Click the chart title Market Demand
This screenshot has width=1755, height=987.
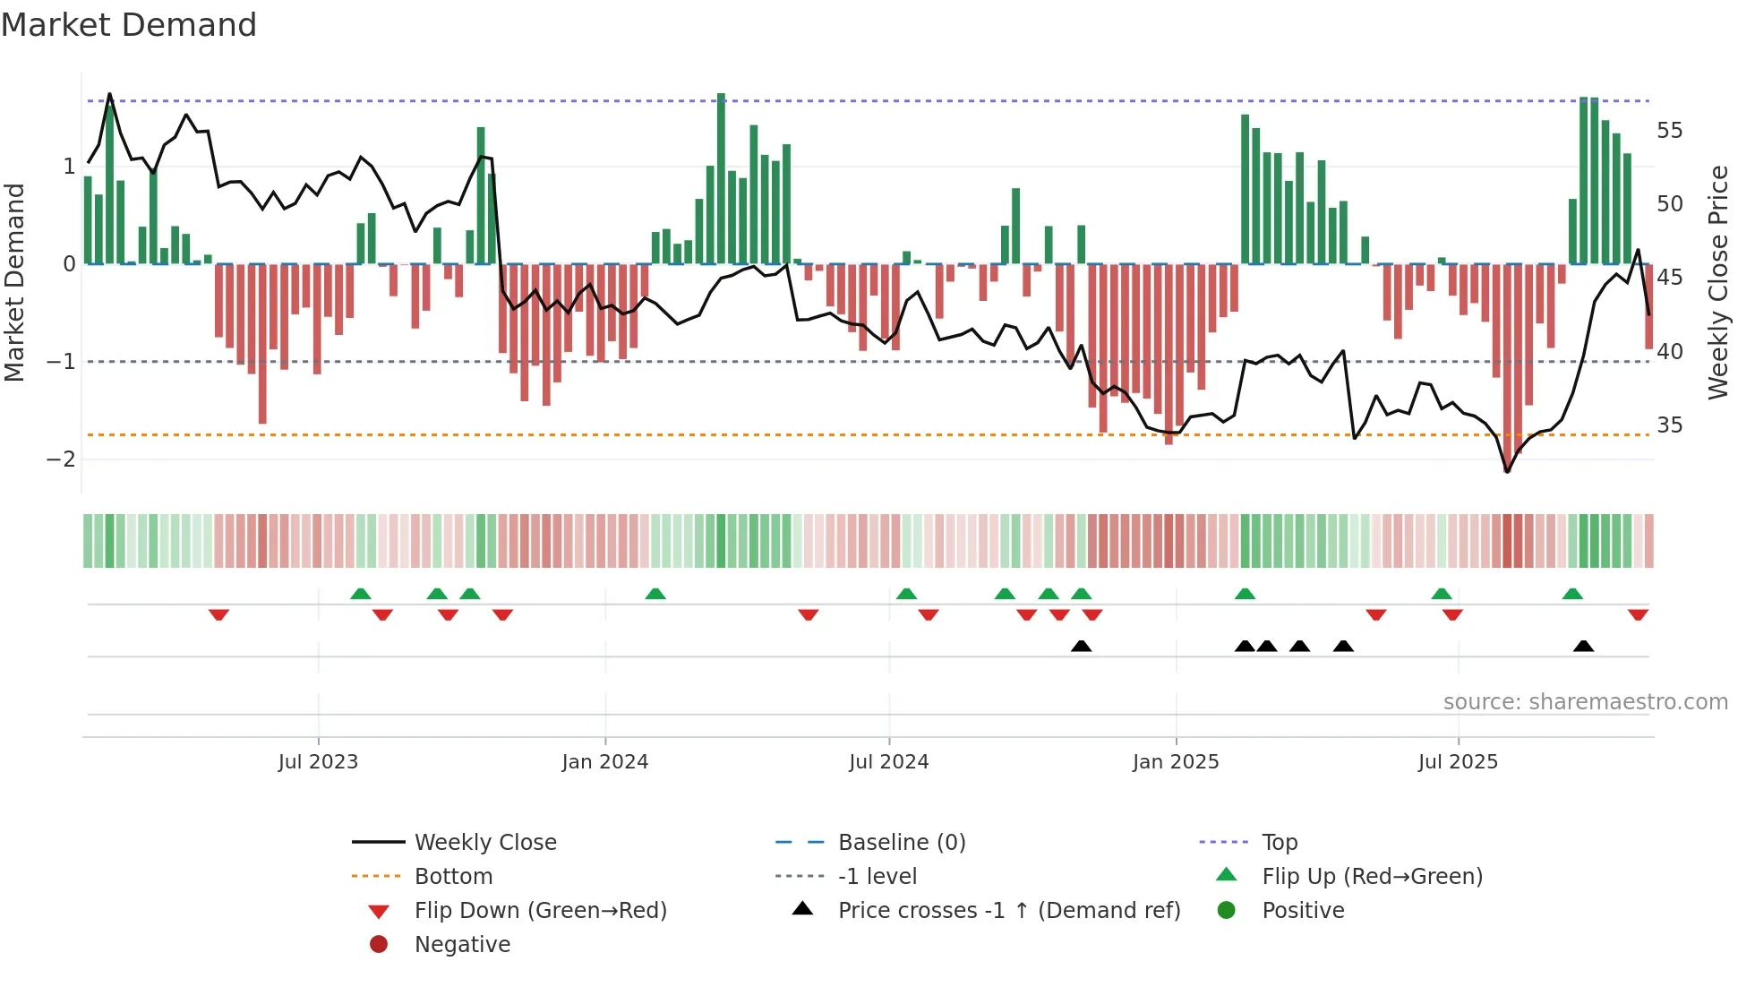[129, 25]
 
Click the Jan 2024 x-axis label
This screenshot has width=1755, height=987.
[604, 761]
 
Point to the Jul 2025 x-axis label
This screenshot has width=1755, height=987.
[1457, 761]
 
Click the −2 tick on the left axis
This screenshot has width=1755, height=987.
[62, 459]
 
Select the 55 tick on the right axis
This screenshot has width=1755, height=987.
[1669, 131]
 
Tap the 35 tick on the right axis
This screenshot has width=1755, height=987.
[1669, 425]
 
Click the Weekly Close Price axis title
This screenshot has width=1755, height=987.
[1717, 282]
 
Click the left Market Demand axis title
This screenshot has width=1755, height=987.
[14, 282]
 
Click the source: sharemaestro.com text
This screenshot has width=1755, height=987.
[1585, 701]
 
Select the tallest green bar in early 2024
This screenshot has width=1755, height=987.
[721, 179]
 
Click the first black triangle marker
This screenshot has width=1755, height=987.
[1081, 646]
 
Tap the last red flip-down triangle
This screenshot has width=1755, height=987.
[1638, 614]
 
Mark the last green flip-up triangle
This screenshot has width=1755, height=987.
[1572, 594]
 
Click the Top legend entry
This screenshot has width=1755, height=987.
[1279, 842]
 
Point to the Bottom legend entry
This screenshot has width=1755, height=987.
[453, 876]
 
